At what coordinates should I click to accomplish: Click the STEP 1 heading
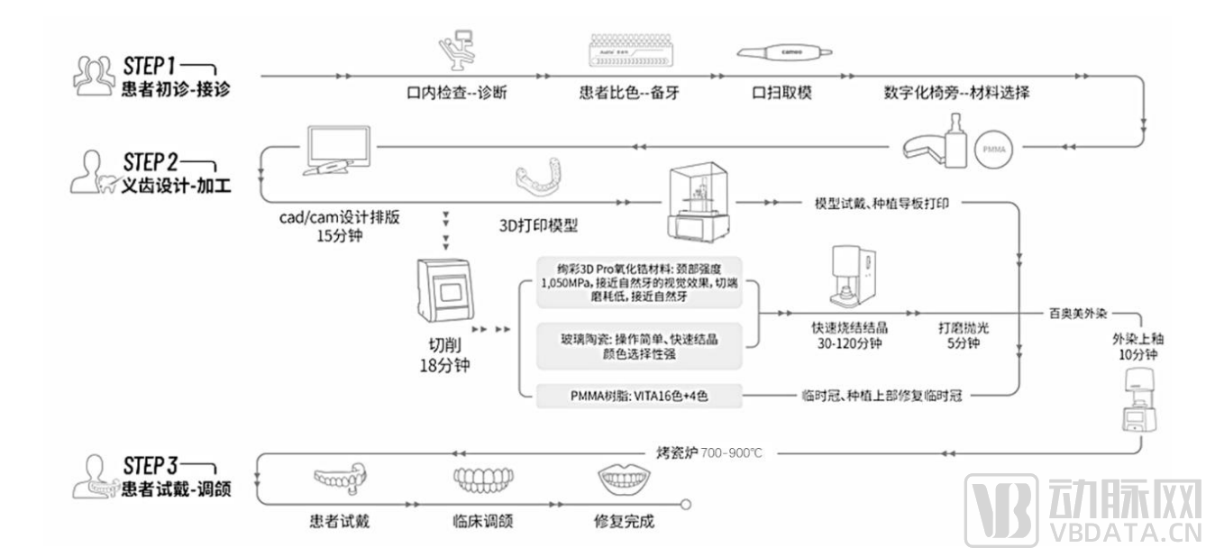coord(150,66)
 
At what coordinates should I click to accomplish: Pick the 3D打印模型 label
coord(539,225)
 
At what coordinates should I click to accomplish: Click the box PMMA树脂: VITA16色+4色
coord(639,396)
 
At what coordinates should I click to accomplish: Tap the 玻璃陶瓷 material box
coord(639,345)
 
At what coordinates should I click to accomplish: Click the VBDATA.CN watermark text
coord(1126,532)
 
